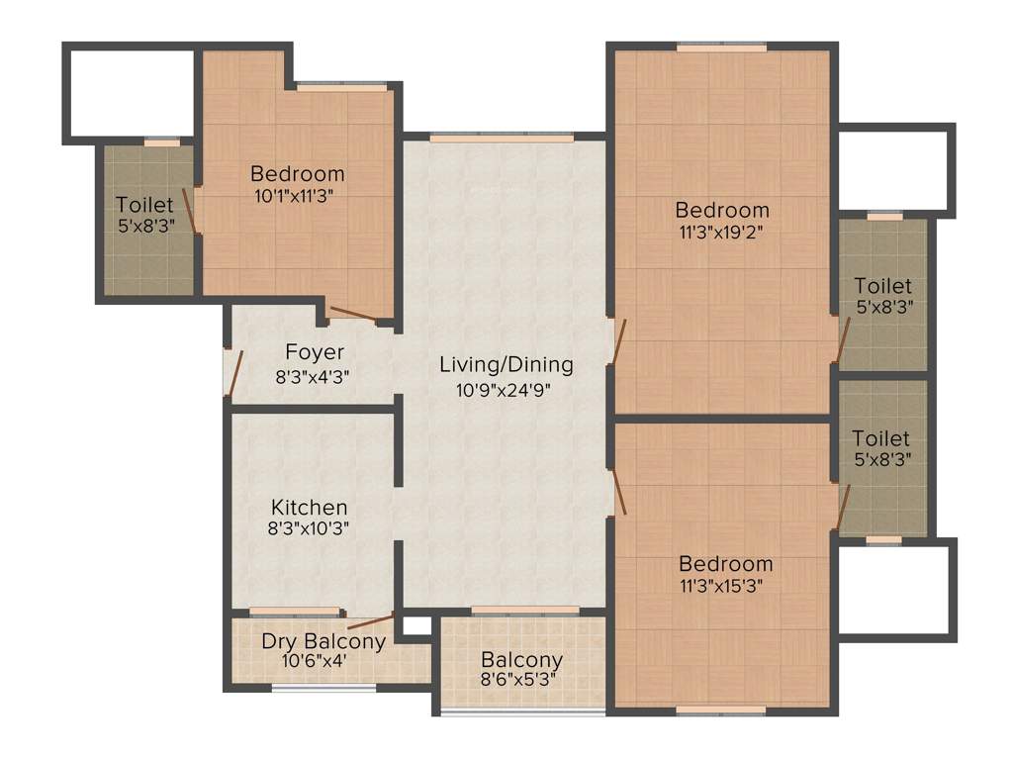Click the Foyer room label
pos(315,352)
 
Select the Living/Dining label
pos(506,364)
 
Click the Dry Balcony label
pos(323,641)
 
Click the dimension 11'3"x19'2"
pos(722,234)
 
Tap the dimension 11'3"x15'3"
pos(725,585)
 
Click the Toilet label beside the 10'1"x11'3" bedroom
pos(144,205)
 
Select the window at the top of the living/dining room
pos(502,138)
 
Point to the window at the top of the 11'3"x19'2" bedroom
pos(721,47)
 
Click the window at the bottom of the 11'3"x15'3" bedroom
pos(720,710)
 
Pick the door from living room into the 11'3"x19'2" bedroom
pos(618,342)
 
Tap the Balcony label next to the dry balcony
pos(521,660)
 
